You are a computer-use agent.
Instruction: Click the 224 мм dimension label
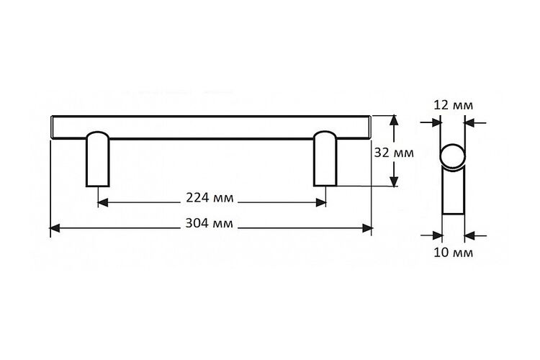pyautogui.click(x=210, y=198)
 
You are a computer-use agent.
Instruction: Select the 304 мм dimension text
pyautogui.click(x=209, y=223)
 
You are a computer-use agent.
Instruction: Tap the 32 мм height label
pyautogui.click(x=394, y=153)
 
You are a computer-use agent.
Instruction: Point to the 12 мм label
pyautogui.click(x=453, y=104)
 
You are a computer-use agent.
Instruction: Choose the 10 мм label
pyautogui.click(x=453, y=253)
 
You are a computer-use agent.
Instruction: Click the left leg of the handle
pyautogui.click(x=97, y=159)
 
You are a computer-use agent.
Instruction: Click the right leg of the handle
pyautogui.click(x=325, y=158)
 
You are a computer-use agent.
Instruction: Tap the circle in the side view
pyautogui.click(x=453, y=157)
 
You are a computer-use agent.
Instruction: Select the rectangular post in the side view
pyautogui.click(x=453, y=191)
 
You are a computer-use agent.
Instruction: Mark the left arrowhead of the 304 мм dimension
pyautogui.click(x=55, y=228)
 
